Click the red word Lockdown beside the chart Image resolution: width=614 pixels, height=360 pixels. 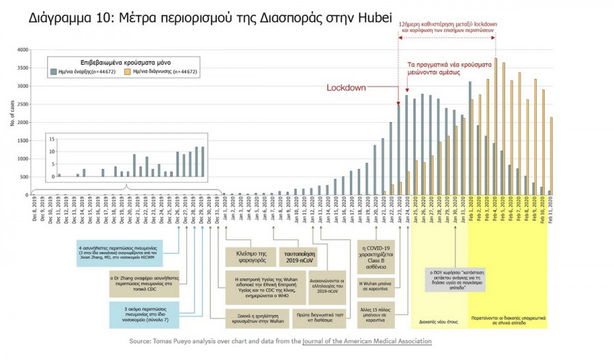[347, 88]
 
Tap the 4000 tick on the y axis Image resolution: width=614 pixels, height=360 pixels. [22, 50]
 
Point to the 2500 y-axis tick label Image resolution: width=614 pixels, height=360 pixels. [22, 104]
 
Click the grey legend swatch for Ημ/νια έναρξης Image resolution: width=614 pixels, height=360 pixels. [52, 70]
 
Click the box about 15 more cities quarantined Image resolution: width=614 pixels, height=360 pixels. [375, 312]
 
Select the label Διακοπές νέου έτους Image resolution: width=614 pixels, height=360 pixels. [439, 319]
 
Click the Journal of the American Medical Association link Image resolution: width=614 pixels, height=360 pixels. [366, 340]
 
